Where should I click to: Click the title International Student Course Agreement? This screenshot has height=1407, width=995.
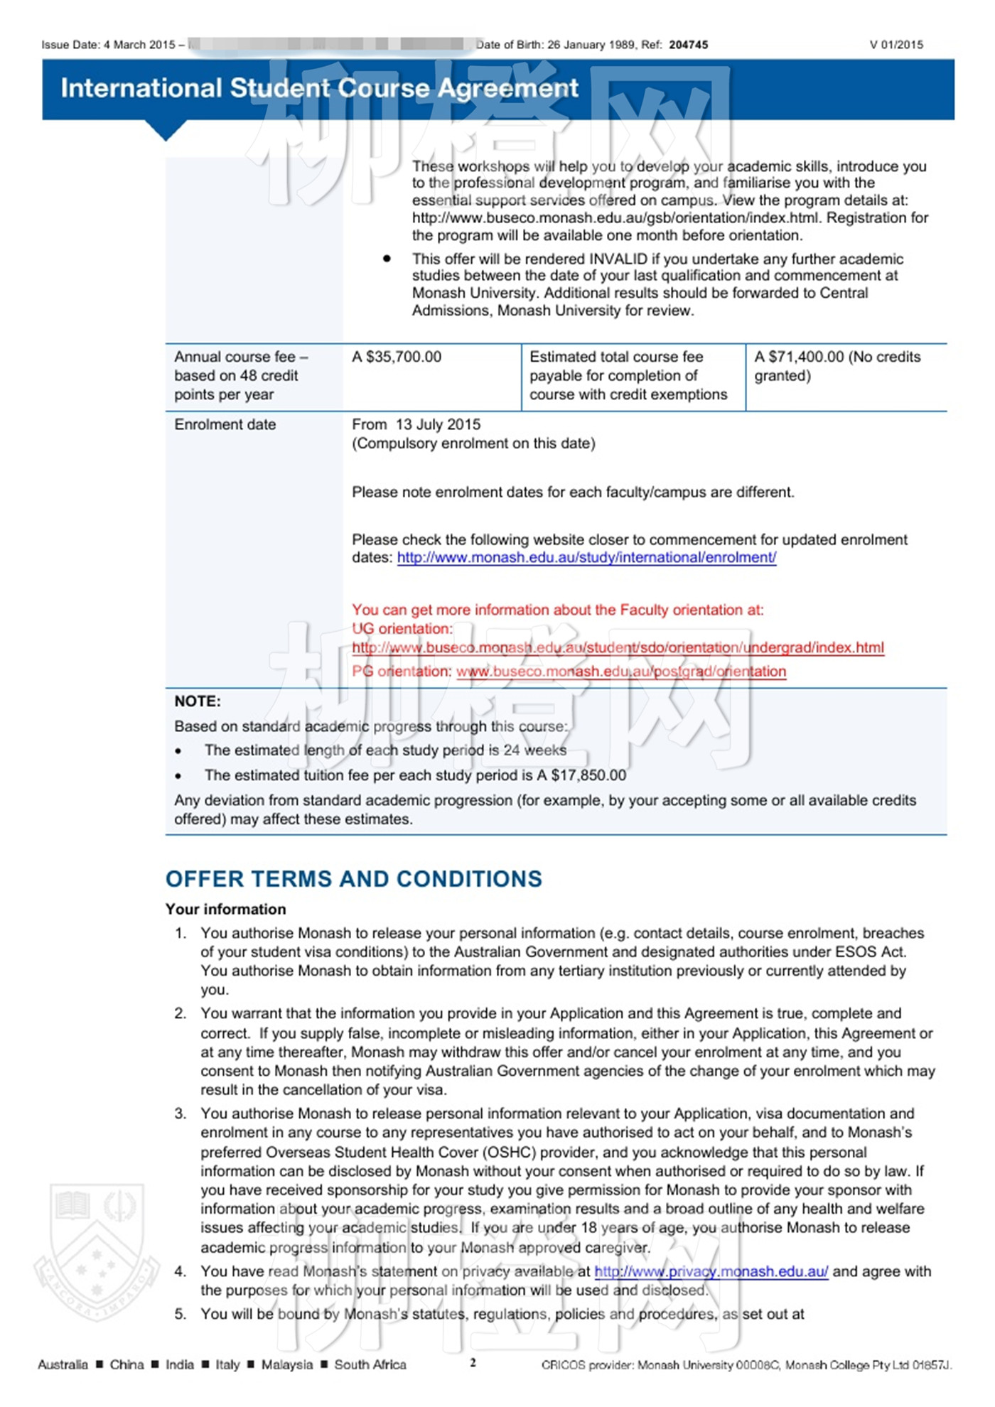pos(319,88)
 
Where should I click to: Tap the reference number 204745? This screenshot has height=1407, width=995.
pos(688,45)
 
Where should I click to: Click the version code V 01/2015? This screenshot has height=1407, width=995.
pos(896,45)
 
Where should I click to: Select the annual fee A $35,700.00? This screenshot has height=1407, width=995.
pos(397,357)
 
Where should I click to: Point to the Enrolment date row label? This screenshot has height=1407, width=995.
pos(225,424)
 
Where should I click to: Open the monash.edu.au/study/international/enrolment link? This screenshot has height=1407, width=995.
pos(586,558)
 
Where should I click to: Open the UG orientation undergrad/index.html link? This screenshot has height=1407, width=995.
pos(618,647)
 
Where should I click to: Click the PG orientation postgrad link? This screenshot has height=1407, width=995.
pos(620,672)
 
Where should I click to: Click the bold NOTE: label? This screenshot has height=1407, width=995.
pos(198,701)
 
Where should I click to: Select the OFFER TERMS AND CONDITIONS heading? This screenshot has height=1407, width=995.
pos(353,879)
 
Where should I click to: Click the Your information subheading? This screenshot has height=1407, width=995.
pos(225,909)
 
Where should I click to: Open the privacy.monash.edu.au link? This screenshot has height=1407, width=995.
pos(711,1271)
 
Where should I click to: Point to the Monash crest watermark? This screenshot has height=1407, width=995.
pos(96,1251)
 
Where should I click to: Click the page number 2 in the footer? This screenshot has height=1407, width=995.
pos(473,1362)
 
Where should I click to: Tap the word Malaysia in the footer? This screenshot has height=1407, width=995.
pos(286,1364)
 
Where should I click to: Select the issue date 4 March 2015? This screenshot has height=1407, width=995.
pos(139,45)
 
